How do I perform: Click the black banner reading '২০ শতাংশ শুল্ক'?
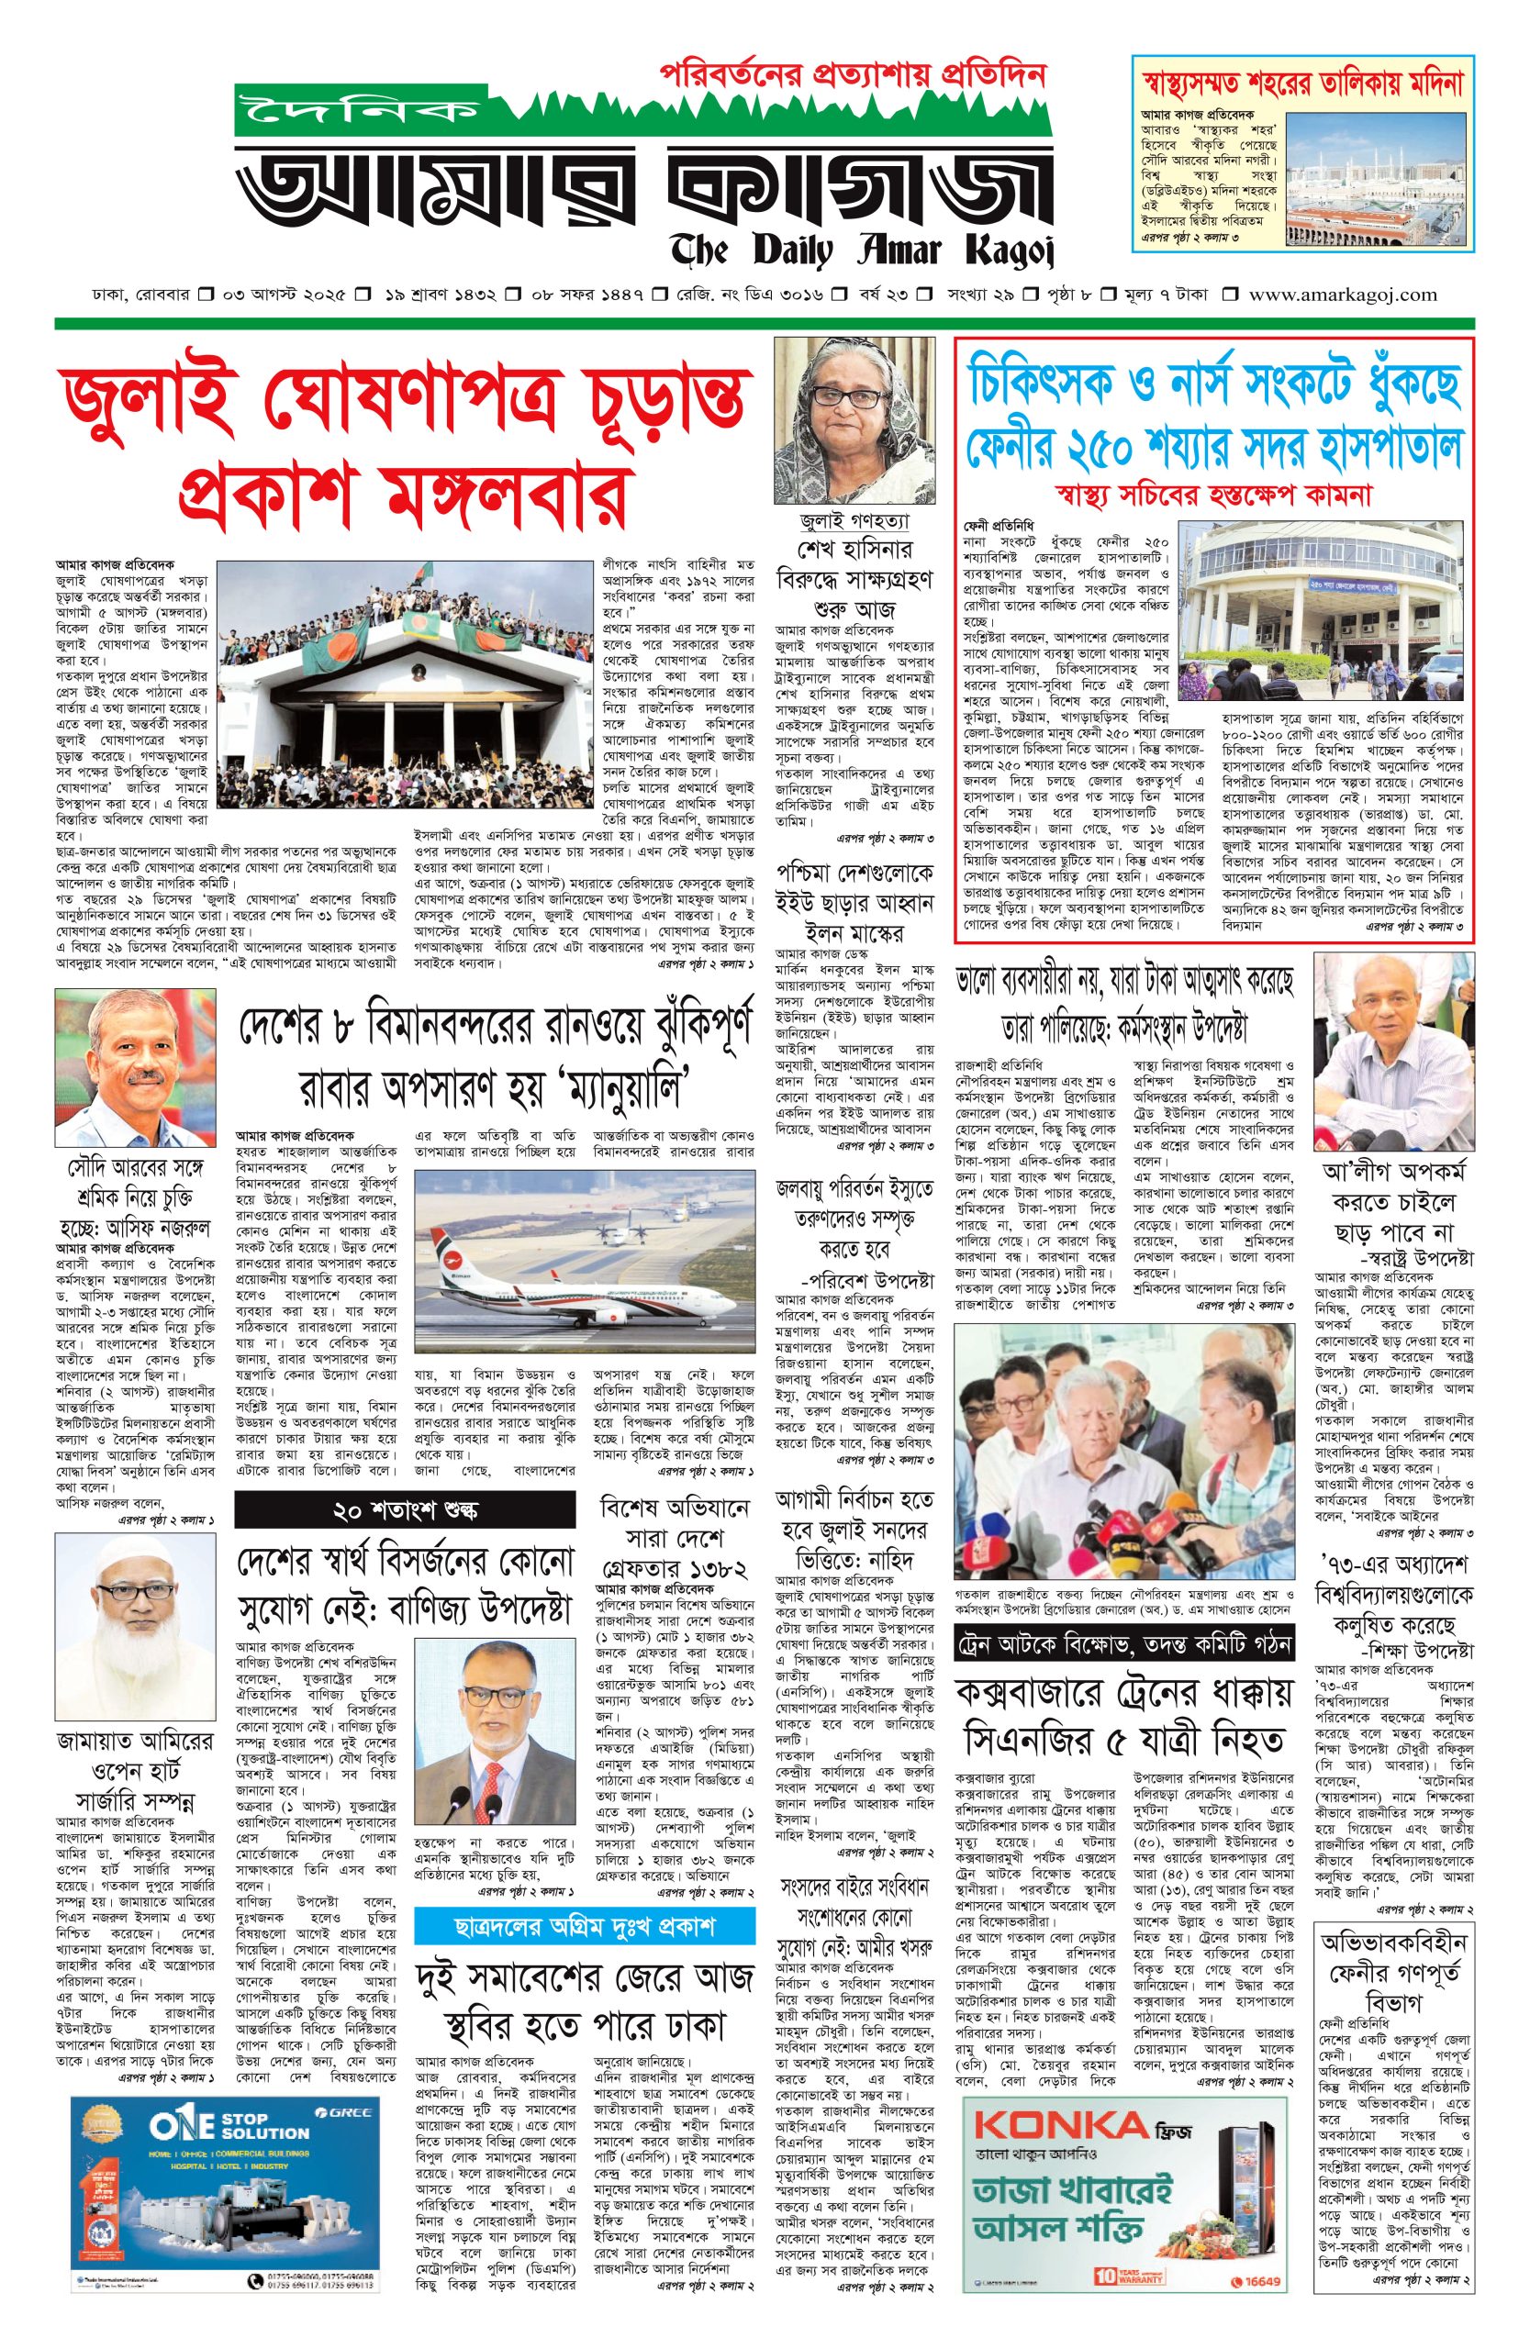405,1511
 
